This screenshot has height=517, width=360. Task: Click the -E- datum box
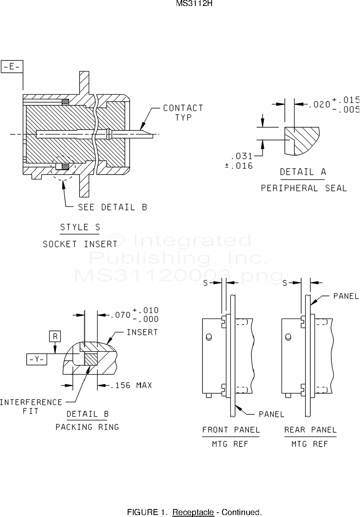pos(12,67)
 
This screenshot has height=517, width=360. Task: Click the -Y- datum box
pos(37,359)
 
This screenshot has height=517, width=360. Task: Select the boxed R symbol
pos(55,336)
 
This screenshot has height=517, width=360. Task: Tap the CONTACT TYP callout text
pos(183,113)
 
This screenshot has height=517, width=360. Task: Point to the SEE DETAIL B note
pos(113,207)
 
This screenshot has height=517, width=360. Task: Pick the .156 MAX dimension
pos(131,385)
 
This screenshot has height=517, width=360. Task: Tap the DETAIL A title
pos(303,172)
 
